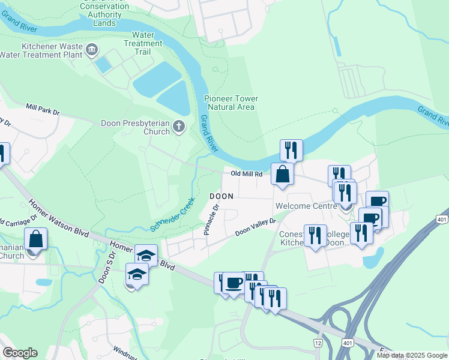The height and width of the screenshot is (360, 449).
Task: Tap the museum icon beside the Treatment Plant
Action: (x=92, y=49)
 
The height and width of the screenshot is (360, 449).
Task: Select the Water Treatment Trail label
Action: (x=143, y=43)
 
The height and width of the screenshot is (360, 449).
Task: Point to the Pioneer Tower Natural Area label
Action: (x=231, y=103)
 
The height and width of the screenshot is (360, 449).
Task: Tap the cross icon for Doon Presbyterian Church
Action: (x=178, y=127)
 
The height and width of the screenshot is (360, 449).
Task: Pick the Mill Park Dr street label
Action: (x=43, y=109)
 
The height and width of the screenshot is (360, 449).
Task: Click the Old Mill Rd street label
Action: (x=247, y=174)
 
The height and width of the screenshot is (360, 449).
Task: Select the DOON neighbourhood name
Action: (x=221, y=196)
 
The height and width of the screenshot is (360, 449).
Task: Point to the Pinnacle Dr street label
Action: (x=212, y=218)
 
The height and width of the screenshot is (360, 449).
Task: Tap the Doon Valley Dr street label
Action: (x=255, y=226)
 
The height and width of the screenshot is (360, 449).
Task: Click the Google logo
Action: (x=20, y=353)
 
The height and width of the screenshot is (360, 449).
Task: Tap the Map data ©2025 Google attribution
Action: (x=412, y=355)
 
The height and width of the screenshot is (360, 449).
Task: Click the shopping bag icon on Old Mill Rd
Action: (x=282, y=175)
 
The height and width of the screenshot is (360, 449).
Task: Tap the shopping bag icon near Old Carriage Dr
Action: (x=36, y=239)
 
